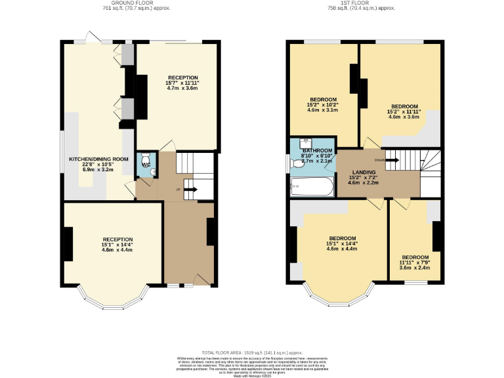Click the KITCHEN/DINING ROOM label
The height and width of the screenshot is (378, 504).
coord(99,159)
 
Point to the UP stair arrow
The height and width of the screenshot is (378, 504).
coord(192,190)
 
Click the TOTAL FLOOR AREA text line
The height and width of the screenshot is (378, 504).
coord(251,352)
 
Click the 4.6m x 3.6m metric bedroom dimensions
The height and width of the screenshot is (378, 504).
coord(404,117)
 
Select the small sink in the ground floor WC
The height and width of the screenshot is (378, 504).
coord(152,171)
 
